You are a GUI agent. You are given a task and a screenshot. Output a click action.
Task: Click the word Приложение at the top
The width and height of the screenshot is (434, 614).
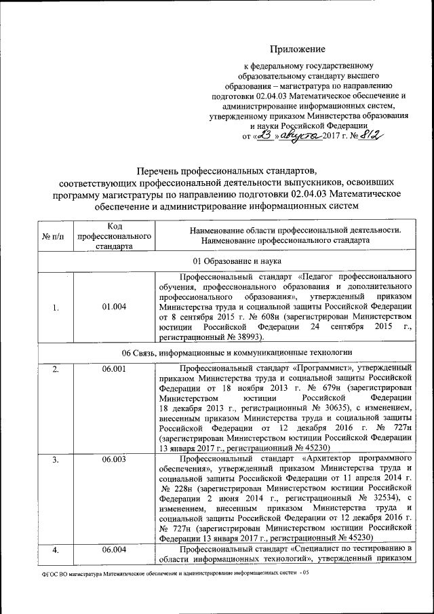tap(298, 49)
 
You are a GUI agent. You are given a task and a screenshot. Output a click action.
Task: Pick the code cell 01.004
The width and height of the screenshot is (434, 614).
tap(113, 307)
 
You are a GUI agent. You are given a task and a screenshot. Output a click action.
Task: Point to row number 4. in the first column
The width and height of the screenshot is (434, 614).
tap(55, 549)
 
